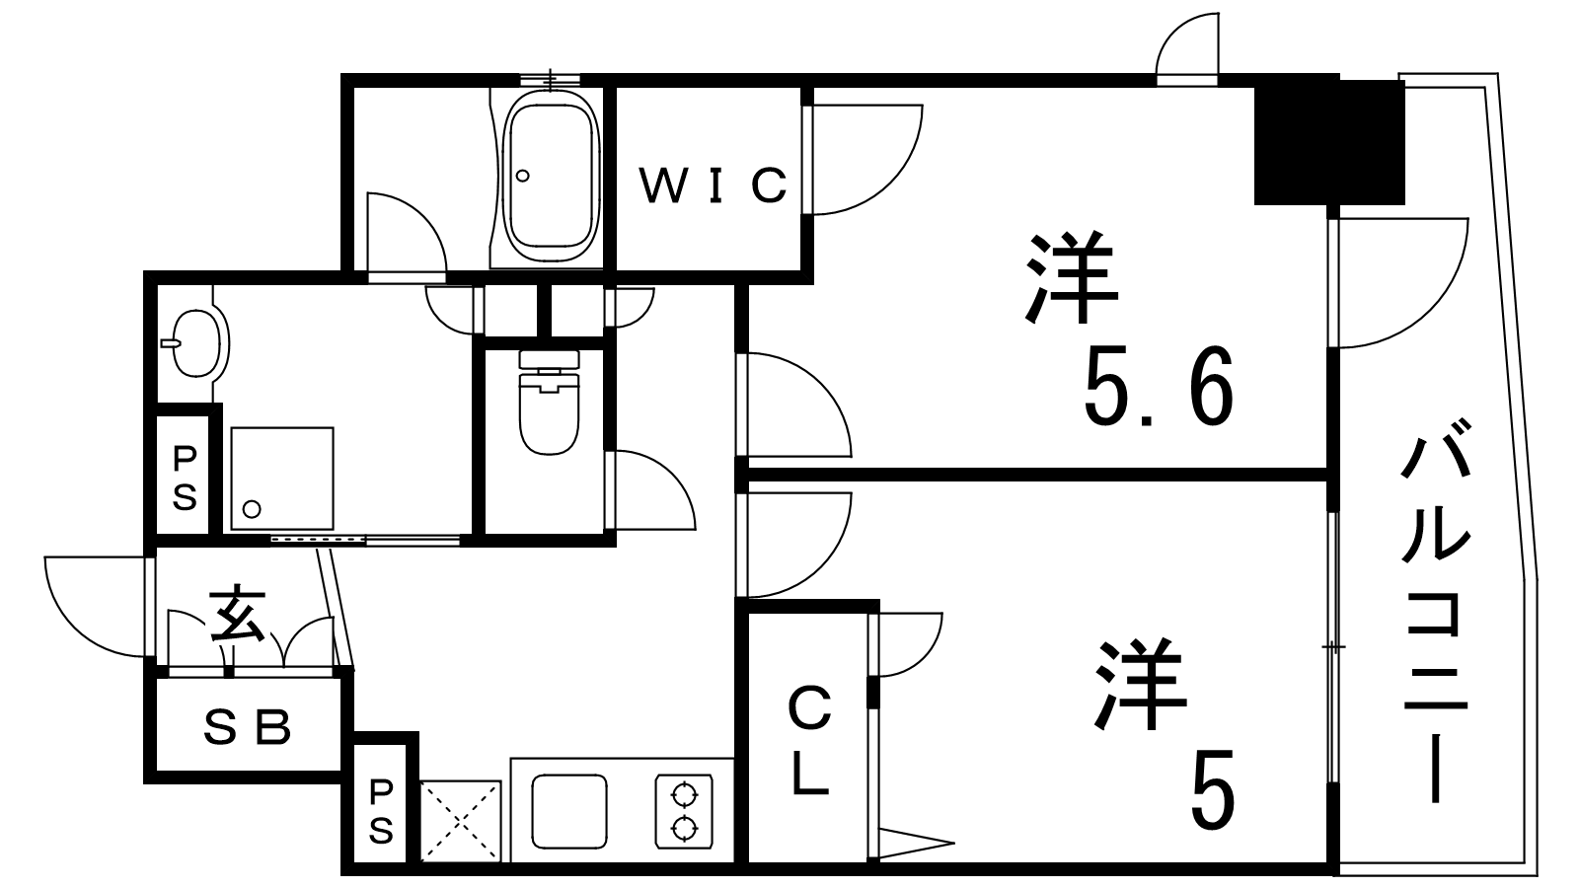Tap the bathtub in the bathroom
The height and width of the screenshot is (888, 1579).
click(x=552, y=177)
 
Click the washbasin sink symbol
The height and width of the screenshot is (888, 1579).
click(x=195, y=342)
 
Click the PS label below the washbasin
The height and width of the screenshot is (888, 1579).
click(x=185, y=478)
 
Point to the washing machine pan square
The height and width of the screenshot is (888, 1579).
click(x=282, y=480)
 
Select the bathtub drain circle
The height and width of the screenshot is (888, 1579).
click(x=522, y=176)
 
